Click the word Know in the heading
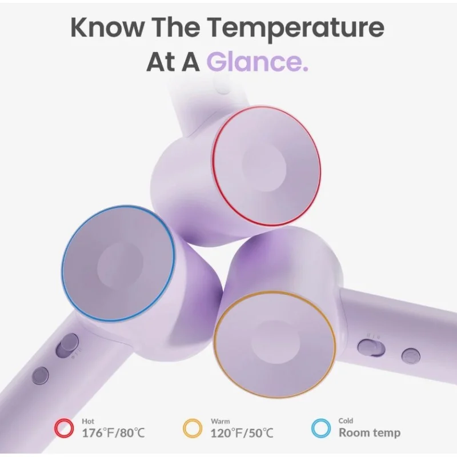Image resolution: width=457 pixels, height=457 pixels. [107, 27]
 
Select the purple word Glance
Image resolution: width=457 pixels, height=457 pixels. [258, 61]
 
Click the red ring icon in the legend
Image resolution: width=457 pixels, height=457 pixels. [64, 428]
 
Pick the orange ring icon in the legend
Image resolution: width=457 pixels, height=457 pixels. [193, 428]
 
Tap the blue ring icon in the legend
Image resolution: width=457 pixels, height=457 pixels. [321, 428]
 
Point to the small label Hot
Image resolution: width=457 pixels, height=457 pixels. [88, 421]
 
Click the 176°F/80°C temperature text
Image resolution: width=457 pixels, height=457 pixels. [113, 433]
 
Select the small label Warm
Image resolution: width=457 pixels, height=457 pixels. [220, 422]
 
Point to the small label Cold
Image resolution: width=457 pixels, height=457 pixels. [346, 421]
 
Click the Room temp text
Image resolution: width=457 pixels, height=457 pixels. [370, 433]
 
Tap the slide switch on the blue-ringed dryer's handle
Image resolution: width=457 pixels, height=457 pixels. [67, 346]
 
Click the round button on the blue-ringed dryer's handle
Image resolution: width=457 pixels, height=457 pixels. [41, 375]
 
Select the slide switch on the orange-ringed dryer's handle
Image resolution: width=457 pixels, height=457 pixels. [371, 348]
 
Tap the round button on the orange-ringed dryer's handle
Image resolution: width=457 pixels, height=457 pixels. [411, 356]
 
